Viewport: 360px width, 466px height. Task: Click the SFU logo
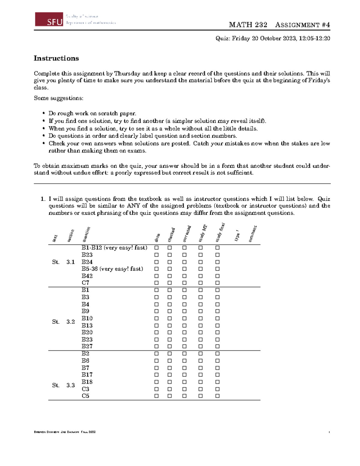tap(49, 20)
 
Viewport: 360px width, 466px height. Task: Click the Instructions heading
tap(56, 58)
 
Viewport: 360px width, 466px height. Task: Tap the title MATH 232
tap(248, 25)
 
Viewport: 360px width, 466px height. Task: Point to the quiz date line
tap(273, 38)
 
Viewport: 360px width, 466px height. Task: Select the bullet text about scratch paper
tap(92, 113)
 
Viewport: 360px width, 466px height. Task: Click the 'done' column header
tap(157, 237)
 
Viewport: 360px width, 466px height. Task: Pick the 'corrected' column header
tap(187, 234)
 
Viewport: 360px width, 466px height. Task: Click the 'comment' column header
tap(252, 234)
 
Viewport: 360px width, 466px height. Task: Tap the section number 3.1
tap(70, 262)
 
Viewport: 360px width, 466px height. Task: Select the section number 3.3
tap(70, 385)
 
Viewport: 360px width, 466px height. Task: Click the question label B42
tap(87, 276)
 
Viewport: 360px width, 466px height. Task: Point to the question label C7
tap(85, 283)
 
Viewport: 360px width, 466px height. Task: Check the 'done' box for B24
tap(156, 262)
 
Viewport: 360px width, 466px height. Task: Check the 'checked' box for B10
tap(169, 318)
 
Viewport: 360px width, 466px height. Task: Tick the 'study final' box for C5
tap(217, 396)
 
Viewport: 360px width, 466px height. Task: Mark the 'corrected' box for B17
tap(184, 375)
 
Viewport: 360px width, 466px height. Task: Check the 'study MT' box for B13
tap(200, 326)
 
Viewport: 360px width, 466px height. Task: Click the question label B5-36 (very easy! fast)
tap(112, 269)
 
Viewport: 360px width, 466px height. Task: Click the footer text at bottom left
tap(65, 432)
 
